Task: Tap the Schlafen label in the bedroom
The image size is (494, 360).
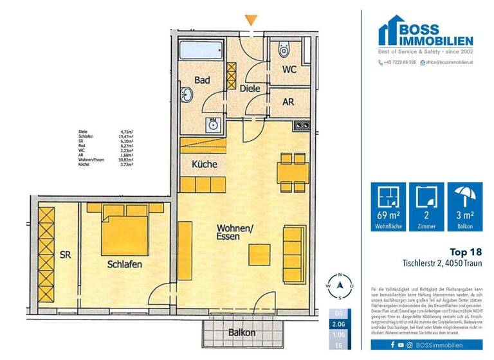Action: click(x=125, y=264)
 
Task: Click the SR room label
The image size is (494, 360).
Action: click(x=66, y=255)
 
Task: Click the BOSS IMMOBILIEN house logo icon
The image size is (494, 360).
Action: click(x=394, y=30)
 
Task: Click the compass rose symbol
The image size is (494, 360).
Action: click(x=338, y=283)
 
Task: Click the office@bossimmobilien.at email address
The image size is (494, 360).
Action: click(x=449, y=62)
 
